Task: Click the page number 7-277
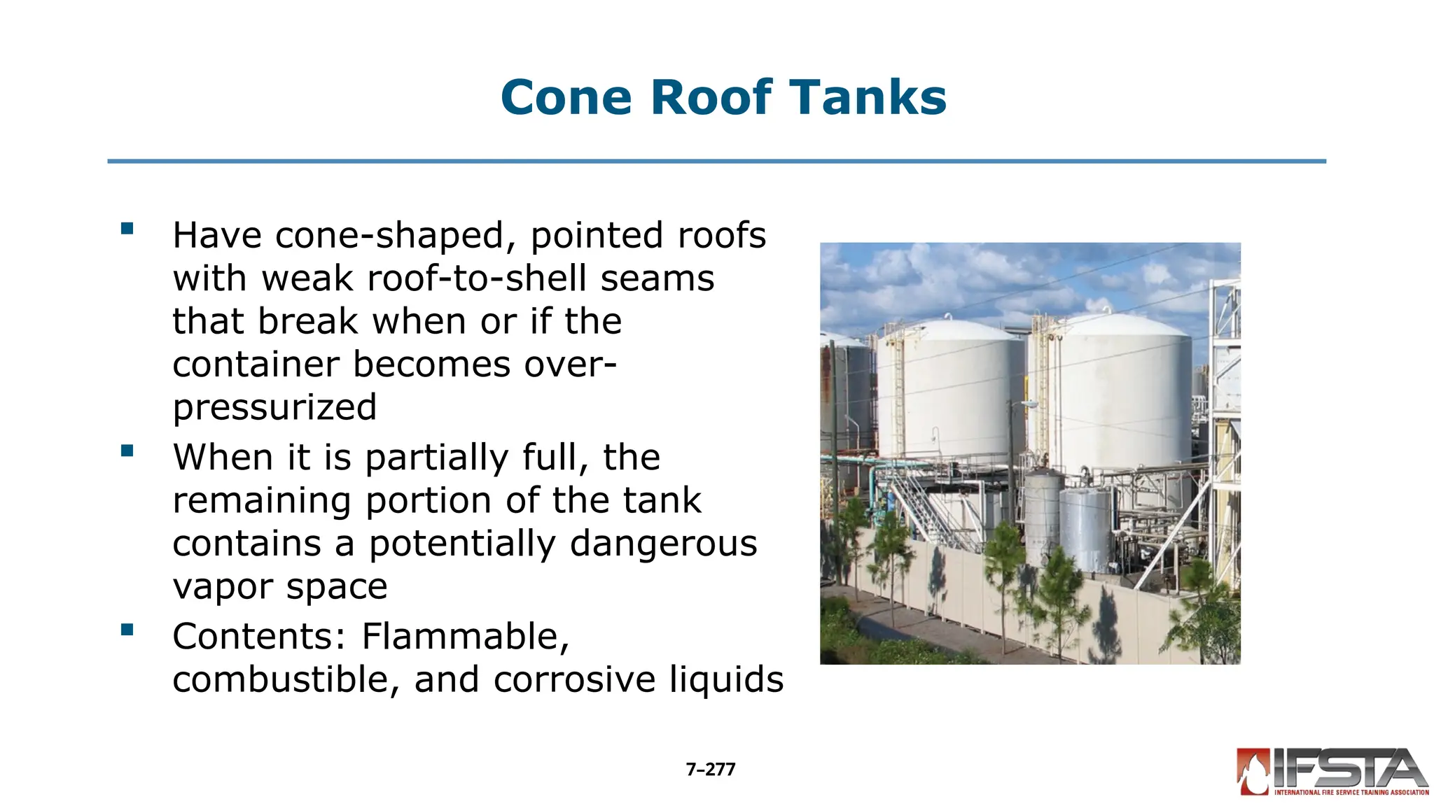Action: tap(711, 770)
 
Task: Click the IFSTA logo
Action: tap(1332, 772)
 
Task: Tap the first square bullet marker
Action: tap(127, 229)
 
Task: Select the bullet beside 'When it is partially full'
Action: tap(127, 451)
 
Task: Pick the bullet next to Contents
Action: tap(127, 630)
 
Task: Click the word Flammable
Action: tap(466, 637)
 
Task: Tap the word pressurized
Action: tap(274, 408)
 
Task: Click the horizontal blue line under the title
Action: tap(716, 162)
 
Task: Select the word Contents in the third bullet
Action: tap(260, 637)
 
